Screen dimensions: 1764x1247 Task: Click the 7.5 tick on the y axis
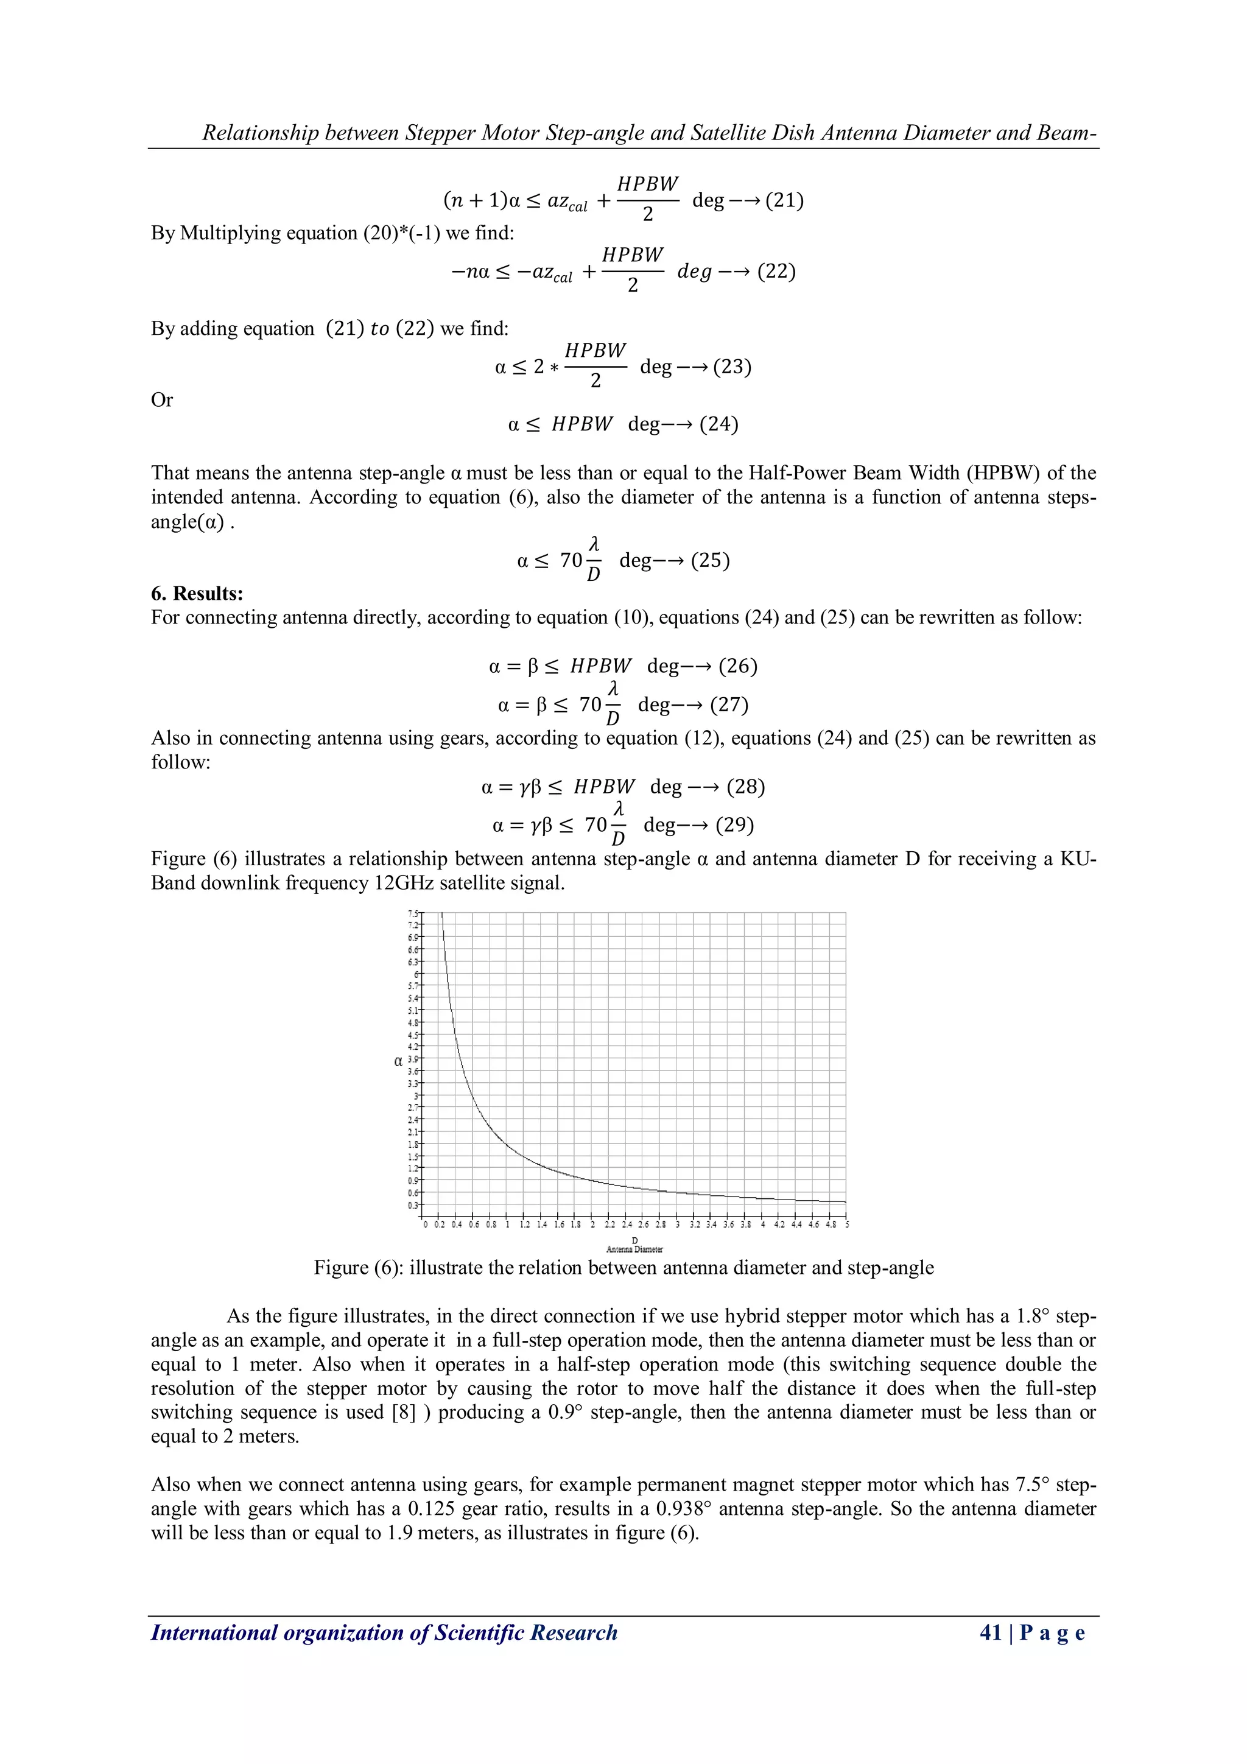[x=413, y=913]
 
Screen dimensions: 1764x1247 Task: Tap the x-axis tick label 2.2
[x=609, y=1225]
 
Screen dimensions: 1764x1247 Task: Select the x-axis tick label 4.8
[x=831, y=1225]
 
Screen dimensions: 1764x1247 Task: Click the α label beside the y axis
[x=397, y=1061]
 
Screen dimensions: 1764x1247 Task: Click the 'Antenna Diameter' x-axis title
[x=634, y=1249]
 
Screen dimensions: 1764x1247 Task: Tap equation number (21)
[x=784, y=200]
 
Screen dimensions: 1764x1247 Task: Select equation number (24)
[x=718, y=424]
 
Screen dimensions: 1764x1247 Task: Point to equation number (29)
[x=734, y=825]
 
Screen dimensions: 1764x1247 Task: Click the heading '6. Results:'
[x=197, y=593]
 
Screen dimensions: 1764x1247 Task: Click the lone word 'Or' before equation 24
[x=161, y=399]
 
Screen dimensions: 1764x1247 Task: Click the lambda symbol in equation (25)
[x=593, y=544]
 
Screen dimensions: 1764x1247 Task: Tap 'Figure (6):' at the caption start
[x=358, y=1268]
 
